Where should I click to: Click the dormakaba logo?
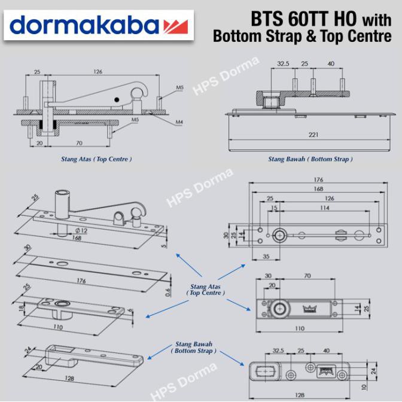click(x=99, y=25)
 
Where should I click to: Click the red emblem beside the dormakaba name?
click(x=176, y=26)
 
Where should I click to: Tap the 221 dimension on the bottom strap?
click(x=313, y=135)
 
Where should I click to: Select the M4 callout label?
click(x=179, y=122)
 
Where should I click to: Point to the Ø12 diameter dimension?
click(x=81, y=231)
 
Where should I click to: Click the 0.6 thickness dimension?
click(x=168, y=293)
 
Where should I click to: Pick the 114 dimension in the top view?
click(x=325, y=208)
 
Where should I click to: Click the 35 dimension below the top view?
click(x=266, y=257)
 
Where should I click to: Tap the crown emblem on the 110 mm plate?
click(x=310, y=309)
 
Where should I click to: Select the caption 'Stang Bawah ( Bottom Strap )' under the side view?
click(x=310, y=159)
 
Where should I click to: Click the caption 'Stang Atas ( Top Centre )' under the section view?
click(x=96, y=159)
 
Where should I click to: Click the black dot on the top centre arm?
click(x=117, y=100)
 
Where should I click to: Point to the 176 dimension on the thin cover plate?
click(x=81, y=281)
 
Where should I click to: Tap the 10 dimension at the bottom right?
click(x=364, y=387)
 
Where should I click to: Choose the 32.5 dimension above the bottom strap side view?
click(x=283, y=63)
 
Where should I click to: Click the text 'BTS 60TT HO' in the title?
click(x=303, y=19)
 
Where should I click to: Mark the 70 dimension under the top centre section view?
click(x=79, y=143)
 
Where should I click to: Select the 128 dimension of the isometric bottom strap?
click(x=69, y=378)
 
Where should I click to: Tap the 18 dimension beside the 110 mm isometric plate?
click(x=22, y=307)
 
